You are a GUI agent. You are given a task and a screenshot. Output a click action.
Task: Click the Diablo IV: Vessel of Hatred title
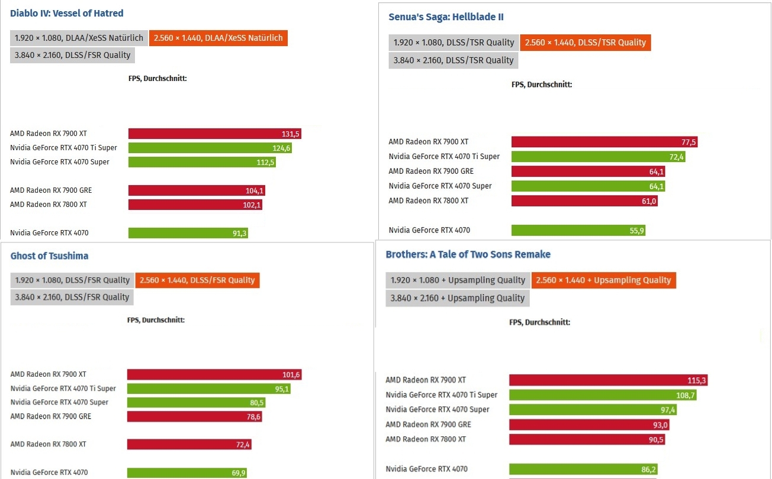67,13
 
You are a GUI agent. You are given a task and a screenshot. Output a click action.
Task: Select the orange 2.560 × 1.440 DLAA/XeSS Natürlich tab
218,38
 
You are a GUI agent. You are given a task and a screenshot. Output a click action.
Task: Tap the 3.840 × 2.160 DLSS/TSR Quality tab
453,60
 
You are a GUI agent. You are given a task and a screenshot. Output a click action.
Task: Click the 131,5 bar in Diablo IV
214,134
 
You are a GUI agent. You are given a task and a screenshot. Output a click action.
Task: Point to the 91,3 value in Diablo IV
239,233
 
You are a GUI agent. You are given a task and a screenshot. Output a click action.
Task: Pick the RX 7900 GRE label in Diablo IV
51,190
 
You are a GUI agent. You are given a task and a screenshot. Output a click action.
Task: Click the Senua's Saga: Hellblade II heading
446,17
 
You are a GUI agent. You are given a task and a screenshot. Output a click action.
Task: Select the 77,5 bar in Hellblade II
604,142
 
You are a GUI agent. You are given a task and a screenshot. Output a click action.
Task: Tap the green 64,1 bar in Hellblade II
588,186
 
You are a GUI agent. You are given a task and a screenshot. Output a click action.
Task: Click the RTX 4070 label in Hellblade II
429,230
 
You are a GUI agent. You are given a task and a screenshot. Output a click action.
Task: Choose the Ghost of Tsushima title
49,256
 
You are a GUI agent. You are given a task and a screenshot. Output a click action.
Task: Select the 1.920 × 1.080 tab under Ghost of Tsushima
72,280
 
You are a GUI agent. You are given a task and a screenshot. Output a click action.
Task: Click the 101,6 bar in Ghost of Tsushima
214,374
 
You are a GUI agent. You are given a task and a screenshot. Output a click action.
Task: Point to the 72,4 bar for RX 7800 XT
189,444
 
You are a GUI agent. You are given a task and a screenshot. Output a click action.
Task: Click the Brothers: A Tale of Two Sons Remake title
468,254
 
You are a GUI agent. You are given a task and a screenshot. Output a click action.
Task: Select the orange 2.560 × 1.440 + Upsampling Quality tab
603,280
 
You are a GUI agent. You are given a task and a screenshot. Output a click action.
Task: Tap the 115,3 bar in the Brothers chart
608,380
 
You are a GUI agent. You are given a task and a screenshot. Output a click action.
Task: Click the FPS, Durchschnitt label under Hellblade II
542,85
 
